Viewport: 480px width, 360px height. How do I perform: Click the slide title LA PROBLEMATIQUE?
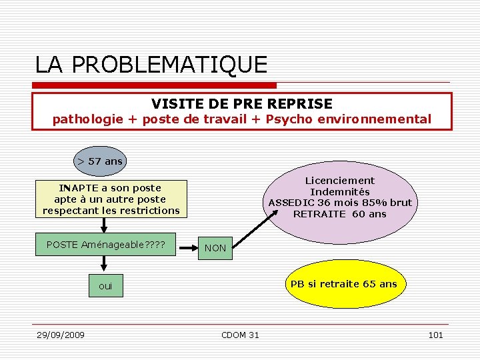coord(151,65)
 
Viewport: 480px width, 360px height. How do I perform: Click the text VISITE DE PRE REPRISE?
coord(241,103)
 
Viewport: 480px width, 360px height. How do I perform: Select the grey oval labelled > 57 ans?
coord(100,161)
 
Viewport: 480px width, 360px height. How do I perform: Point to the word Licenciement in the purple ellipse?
coord(340,181)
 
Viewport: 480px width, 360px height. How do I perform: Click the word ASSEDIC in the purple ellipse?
coord(291,203)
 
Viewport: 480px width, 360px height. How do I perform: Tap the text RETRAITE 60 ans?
coord(339,214)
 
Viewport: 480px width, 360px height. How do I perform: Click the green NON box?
coord(215,248)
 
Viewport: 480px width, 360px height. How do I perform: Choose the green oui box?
coord(105,287)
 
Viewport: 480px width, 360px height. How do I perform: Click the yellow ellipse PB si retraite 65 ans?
coord(343,284)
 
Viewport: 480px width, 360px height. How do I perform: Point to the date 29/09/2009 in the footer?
coord(61,335)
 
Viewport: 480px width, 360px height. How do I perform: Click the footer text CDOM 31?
coord(240,335)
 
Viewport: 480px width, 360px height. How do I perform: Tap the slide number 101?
coord(435,335)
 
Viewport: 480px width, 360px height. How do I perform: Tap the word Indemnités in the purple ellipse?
coord(340,192)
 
